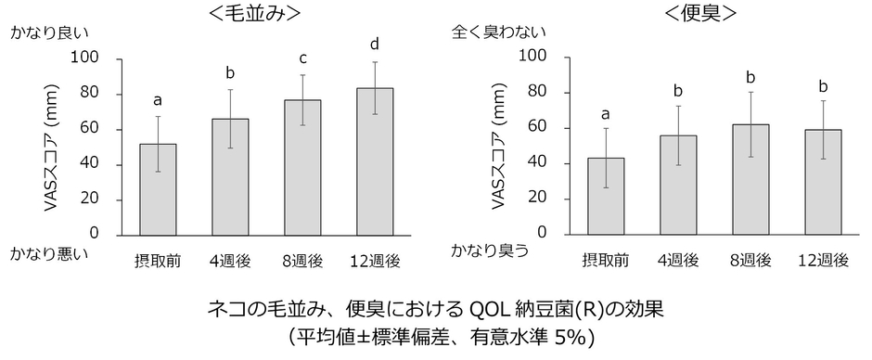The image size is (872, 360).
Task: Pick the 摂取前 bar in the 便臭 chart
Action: pos(606,196)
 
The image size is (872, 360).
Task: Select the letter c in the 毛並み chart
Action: pos(304,58)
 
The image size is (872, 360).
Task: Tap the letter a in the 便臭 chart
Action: pos(606,114)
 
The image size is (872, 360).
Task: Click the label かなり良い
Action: pos(49,33)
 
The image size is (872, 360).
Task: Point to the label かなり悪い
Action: pos(49,253)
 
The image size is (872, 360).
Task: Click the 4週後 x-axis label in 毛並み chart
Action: pos(230,261)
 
